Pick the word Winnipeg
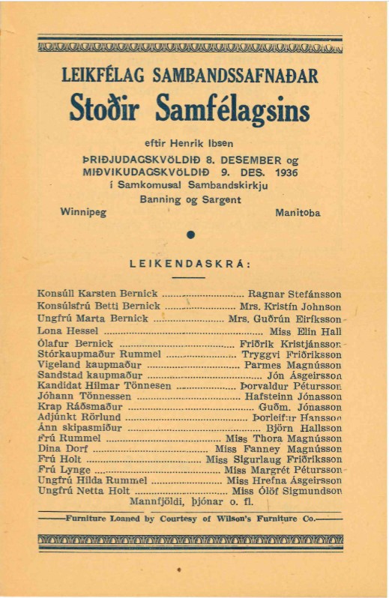(x=83, y=212)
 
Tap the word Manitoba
(x=298, y=212)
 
